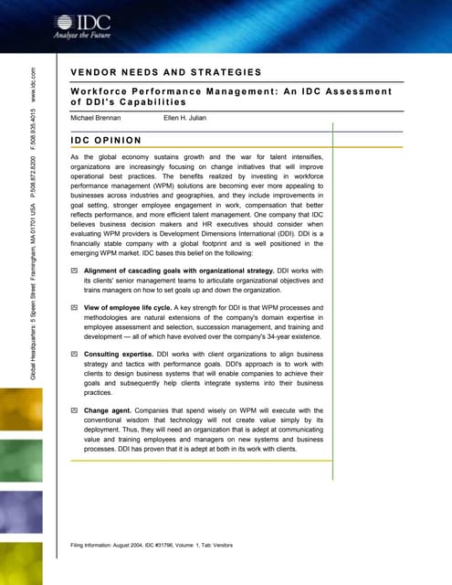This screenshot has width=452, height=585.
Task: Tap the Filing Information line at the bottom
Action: [152, 546]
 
